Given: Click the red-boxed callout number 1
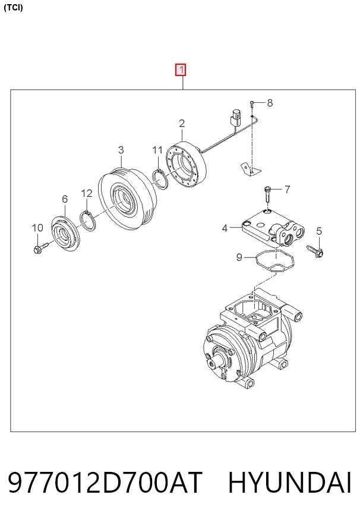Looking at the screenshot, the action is (181, 70).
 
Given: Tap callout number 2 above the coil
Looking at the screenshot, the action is (182, 124).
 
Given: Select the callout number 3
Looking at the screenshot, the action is (121, 150).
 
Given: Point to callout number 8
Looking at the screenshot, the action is (270, 103).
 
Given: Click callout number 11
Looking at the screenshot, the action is (157, 150).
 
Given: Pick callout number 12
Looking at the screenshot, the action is (87, 193).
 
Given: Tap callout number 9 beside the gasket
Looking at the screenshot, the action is (239, 257).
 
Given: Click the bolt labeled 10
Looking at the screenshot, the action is (40, 247).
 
